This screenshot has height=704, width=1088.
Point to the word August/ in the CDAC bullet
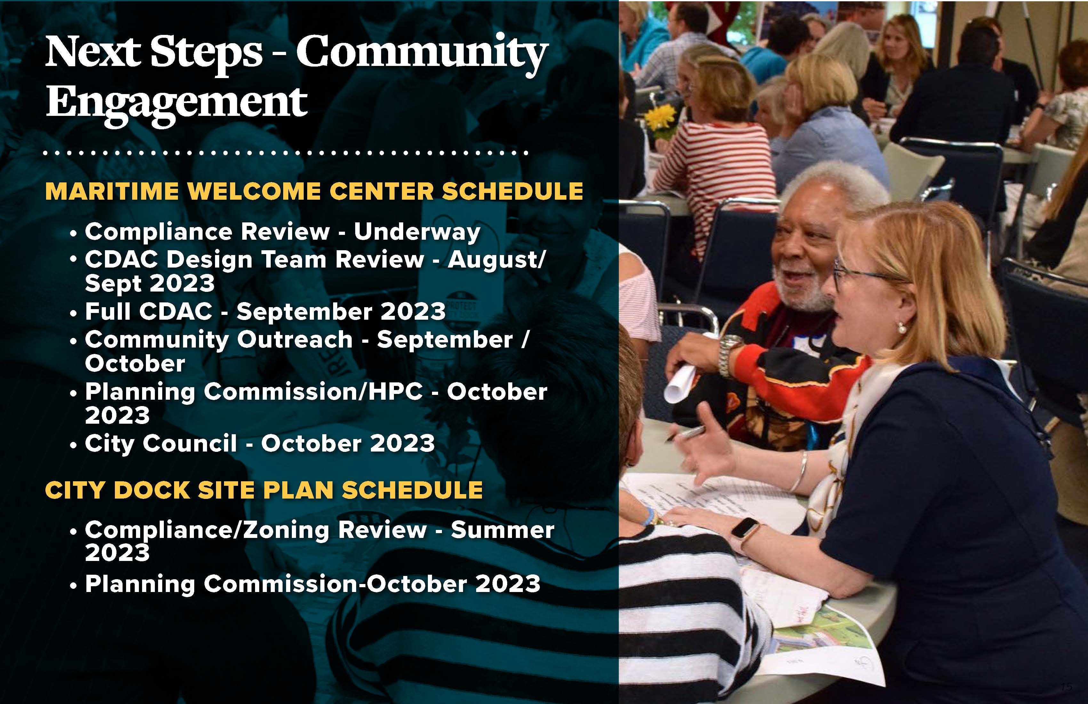[x=496, y=260]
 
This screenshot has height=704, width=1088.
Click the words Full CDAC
[x=148, y=311]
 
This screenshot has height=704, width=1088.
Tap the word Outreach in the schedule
[x=295, y=340]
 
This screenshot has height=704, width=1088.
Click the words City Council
[x=161, y=444]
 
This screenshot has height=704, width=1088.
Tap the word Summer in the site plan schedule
[x=503, y=530]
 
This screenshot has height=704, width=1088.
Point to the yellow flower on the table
[x=660, y=118]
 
